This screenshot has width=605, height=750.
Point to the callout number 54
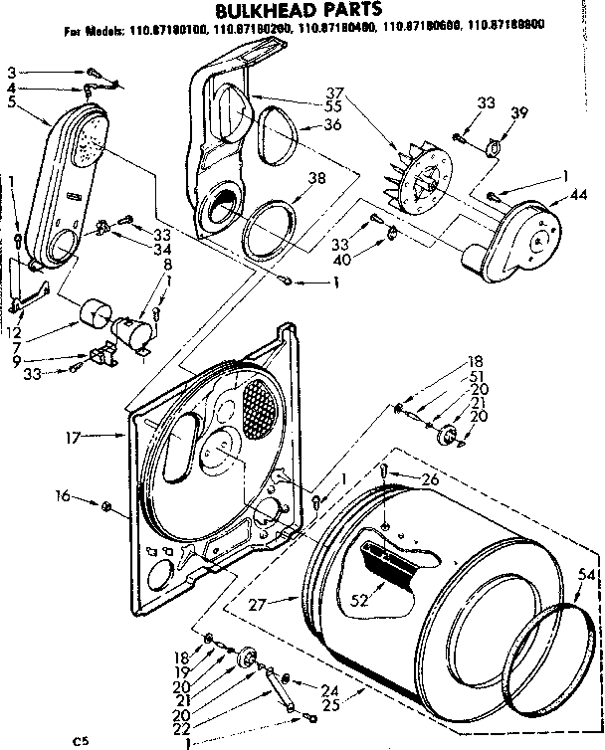point(586,576)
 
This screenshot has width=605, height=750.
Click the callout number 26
point(430,479)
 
